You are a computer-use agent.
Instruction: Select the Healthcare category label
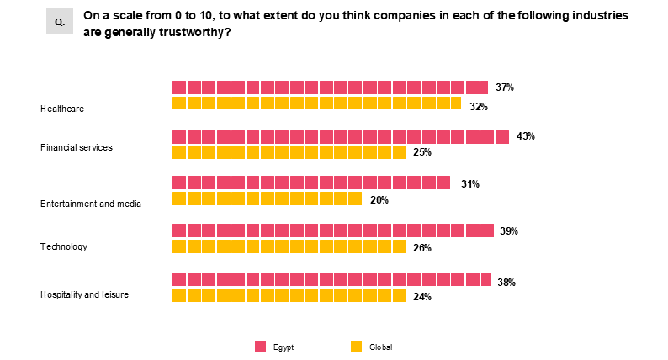[x=62, y=109]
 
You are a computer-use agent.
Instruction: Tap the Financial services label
[x=77, y=147]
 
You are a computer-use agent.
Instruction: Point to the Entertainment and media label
[x=91, y=203]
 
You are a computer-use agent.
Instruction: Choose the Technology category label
[x=64, y=246]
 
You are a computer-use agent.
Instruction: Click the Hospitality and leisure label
[x=84, y=294]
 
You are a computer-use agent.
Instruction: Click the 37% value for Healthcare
[x=504, y=87]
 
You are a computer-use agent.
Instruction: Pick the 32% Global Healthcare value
[x=479, y=107]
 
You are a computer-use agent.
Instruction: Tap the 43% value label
[x=526, y=136]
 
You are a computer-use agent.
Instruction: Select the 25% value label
[x=422, y=152]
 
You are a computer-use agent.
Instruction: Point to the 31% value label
[x=469, y=184]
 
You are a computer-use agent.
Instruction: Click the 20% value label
[x=379, y=200]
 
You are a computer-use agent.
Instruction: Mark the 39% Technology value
[x=508, y=231]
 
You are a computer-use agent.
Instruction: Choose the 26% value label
[x=422, y=248]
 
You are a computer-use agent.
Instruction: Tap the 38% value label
[x=506, y=283]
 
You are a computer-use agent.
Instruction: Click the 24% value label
[x=422, y=297]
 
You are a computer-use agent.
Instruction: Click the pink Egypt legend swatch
[x=260, y=347]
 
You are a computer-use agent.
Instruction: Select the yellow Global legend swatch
[x=356, y=347]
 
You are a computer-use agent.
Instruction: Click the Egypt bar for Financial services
[x=341, y=137]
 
